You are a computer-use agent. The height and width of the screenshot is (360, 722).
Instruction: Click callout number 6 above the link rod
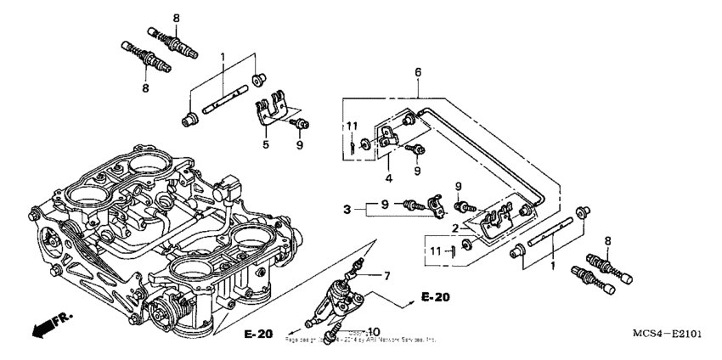point(417,74)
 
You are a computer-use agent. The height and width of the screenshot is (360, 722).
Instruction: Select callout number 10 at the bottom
point(375,330)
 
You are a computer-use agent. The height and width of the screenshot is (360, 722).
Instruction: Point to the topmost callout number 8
point(177,18)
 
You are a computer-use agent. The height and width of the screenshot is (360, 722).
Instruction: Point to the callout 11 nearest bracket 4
point(349,127)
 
